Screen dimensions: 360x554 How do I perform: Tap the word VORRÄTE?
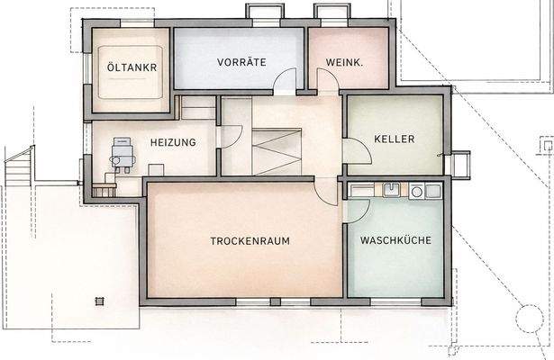coord(239,63)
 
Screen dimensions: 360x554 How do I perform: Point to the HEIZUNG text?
coord(173,142)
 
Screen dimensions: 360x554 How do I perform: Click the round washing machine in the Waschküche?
coord(416,191)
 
